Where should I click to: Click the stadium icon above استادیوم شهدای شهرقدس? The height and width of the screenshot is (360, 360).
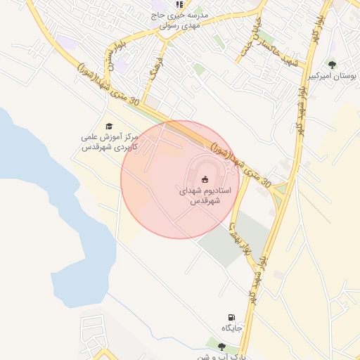[x=205, y=179]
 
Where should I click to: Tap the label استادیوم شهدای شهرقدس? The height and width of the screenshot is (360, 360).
[x=205, y=195]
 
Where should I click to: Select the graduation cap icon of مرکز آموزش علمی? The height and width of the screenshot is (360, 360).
[x=108, y=126]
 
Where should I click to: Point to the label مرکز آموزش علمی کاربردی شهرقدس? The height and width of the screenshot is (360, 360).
[x=108, y=143]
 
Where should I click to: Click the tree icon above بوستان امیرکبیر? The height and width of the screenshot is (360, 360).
[x=332, y=65]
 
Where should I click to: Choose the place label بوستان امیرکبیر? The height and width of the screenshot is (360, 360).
[x=332, y=76]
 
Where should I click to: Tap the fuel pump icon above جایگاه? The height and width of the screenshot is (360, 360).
[x=231, y=318]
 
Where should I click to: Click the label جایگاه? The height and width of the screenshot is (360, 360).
[x=232, y=328]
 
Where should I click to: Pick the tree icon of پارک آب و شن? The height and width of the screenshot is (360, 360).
[x=222, y=347]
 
